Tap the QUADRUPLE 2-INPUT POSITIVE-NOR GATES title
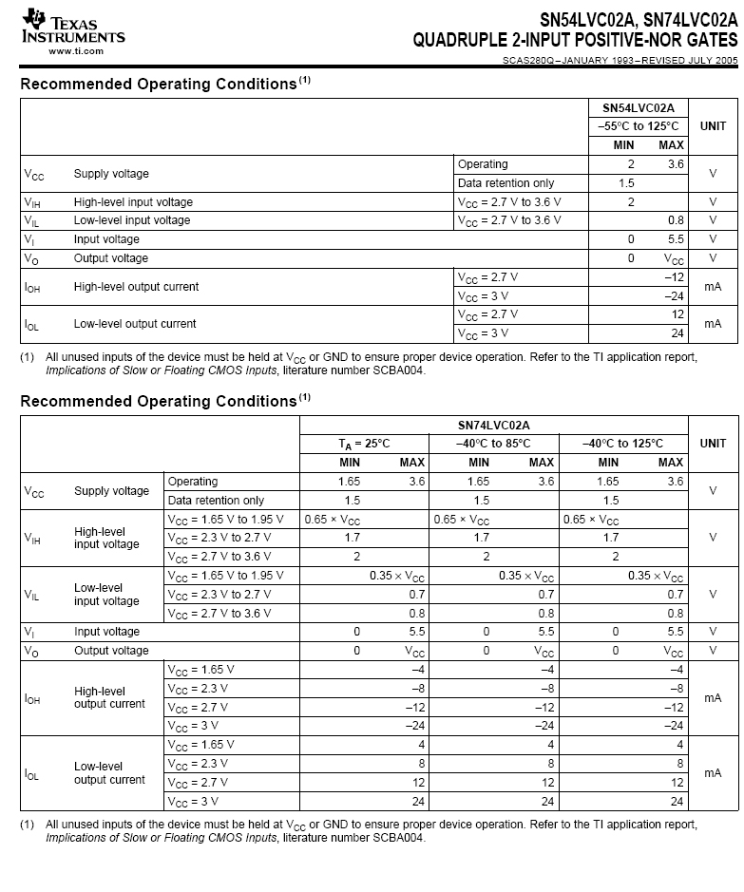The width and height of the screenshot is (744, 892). (x=575, y=41)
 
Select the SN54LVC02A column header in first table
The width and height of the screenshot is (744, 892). (x=638, y=108)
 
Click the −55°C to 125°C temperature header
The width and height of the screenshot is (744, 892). (x=638, y=126)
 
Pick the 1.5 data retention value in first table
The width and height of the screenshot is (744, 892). (x=625, y=182)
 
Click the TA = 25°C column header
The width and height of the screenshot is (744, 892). (x=364, y=444)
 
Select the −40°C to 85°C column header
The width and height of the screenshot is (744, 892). (x=493, y=444)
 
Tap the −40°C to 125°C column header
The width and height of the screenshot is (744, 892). (x=622, y=444)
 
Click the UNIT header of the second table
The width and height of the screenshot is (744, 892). (x=713, y=444)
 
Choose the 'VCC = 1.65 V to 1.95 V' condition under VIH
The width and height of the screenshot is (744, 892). (x=225, y=519)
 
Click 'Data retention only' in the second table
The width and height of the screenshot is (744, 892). (x=216, y=500)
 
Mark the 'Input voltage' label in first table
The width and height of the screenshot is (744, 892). (x=106, y=239)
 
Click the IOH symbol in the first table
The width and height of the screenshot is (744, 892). (x=31, y=287)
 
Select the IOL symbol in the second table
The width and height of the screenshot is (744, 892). (x=31, y=773)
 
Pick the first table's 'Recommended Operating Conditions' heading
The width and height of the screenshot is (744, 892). (x=159, y=85)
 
